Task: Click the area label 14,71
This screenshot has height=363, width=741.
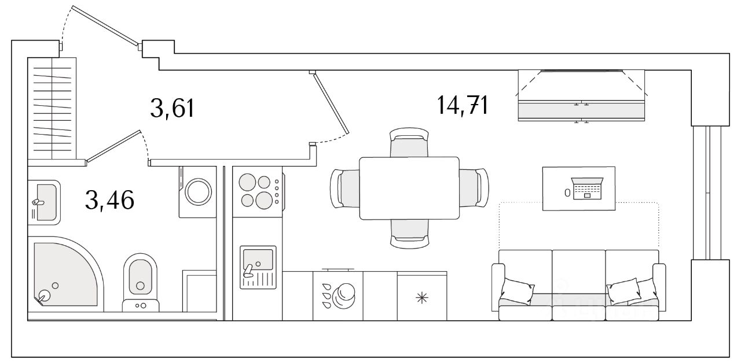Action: tap(462, 106)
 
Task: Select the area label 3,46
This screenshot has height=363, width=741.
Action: tap(109, 200)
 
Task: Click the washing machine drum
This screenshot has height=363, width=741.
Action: tap(198, 191)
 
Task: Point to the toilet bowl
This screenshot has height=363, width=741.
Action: tap(140, 277)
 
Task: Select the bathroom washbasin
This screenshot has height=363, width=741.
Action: tap(44, 201)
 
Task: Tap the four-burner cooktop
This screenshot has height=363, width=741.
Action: tap(256, 191)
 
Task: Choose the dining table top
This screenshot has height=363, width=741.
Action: tap(409, 188)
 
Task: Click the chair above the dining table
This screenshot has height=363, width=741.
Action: tap(409, 145)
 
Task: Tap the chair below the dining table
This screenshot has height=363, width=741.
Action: tap(409, 232)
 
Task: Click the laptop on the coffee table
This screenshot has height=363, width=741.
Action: tap(587, 189)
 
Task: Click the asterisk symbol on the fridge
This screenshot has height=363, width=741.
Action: tap(422, 298)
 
